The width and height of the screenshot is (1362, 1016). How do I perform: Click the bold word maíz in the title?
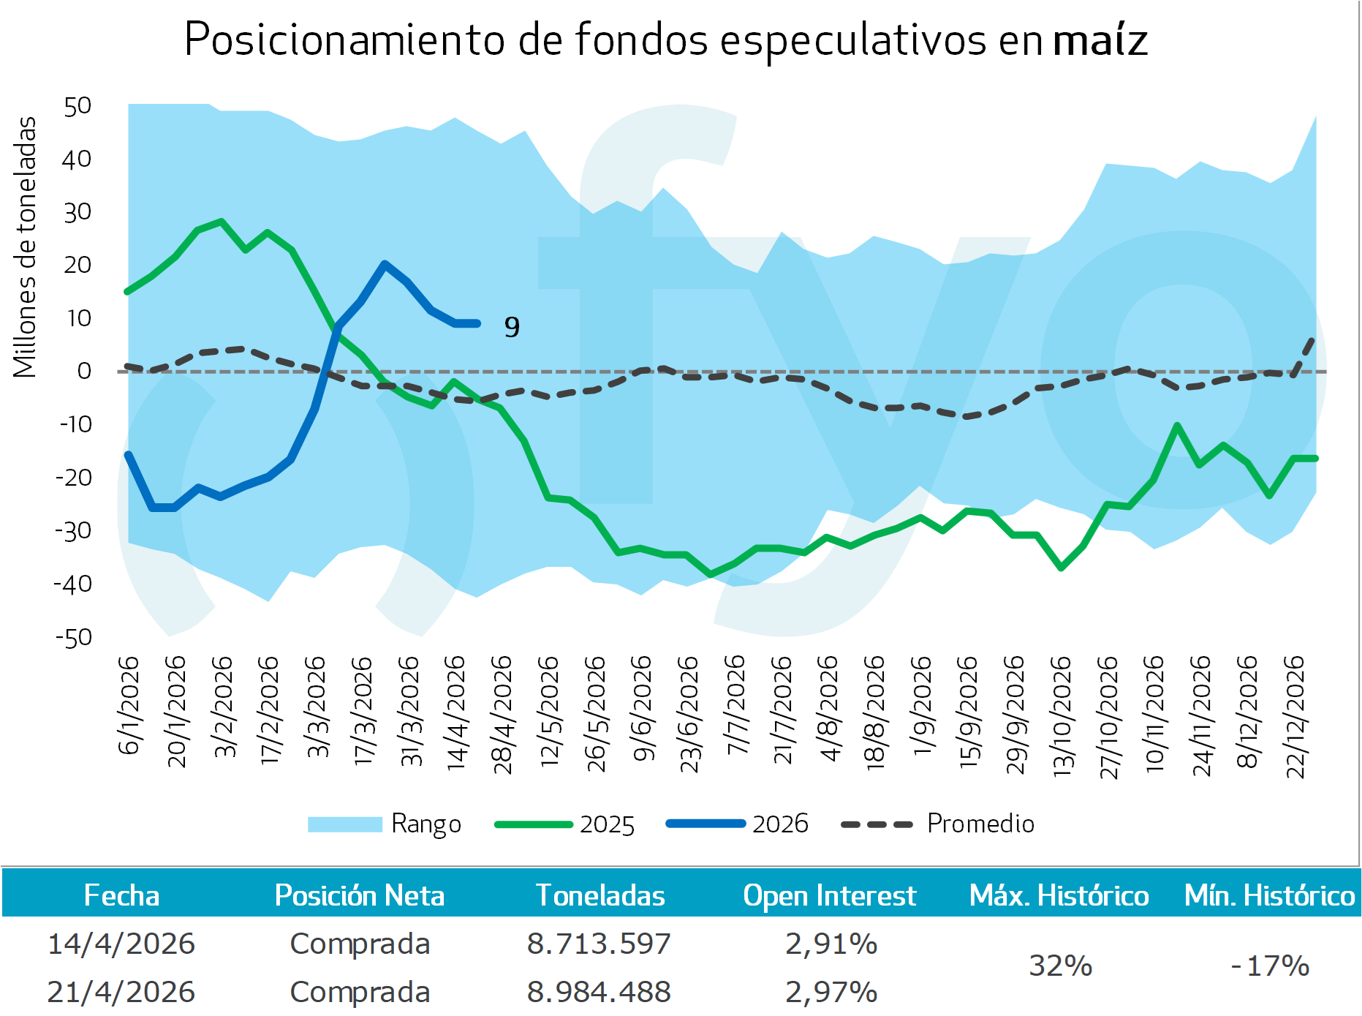pyautogui.click(x=1100, y=39)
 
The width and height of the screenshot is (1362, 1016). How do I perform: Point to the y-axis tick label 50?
pyautogui.click(x=77, y=107)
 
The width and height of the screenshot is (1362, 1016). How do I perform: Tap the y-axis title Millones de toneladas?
pyautogui.click(x=25, y=247)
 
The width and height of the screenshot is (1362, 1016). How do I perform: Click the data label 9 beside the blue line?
pyautogui.click(x=512, y=327)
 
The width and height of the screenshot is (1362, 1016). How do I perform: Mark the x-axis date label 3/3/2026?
pyautogui.click(x=316, y=707)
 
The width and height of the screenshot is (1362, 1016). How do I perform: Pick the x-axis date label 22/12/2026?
pyautogui.click(x=1295, y=717)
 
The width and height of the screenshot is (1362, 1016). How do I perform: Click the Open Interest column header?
pyautogui.click(x=829, y=896)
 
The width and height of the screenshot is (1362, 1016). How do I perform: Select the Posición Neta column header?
pyautogui.click(x=359, y=896)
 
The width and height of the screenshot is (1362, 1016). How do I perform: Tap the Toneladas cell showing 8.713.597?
pyautogui.click(x=599, y=944)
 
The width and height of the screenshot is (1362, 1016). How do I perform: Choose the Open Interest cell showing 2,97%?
pyautogui.click(x=831, y=993)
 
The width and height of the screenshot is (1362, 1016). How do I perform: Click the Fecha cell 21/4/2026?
pyautogui.click(x=121, y=993)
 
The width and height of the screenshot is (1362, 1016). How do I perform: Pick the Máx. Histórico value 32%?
pyautogui.click(x=1060, y=966)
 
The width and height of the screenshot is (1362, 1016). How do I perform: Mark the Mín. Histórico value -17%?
pyautogui.click(x=1270, y=966)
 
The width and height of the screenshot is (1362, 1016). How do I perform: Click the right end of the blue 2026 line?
pyautogui.click(x=478, y=323)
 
